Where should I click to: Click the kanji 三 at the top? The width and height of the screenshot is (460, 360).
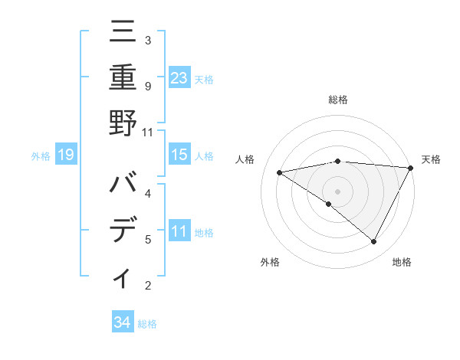[x=123, y=34]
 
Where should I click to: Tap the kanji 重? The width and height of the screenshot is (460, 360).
[x=123, y=79]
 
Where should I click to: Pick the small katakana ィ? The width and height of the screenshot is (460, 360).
[x=123, y=278]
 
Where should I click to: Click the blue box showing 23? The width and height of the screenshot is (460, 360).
[x=179, y=77]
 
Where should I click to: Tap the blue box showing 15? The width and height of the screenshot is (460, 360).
[x=179, y=155]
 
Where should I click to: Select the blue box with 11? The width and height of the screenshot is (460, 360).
[x=179, y=231]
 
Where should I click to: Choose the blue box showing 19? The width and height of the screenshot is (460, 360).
[x=66, y=155]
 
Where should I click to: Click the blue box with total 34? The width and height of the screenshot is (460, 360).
[x=122, y=322]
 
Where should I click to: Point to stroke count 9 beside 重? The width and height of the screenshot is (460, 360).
[x=148, y=86]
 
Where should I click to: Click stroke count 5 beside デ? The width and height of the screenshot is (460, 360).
[x=148, y=239]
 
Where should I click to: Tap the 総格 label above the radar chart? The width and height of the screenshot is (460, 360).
[x=337, y=100]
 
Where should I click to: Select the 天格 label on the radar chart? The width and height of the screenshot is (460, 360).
[x=431, y=159]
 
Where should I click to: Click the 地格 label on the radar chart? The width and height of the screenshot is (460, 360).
[x=402, y=262]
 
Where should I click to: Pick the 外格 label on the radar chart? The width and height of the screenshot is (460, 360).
[x=270, y=262]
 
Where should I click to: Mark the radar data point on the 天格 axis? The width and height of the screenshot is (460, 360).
[x=412, y=168]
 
